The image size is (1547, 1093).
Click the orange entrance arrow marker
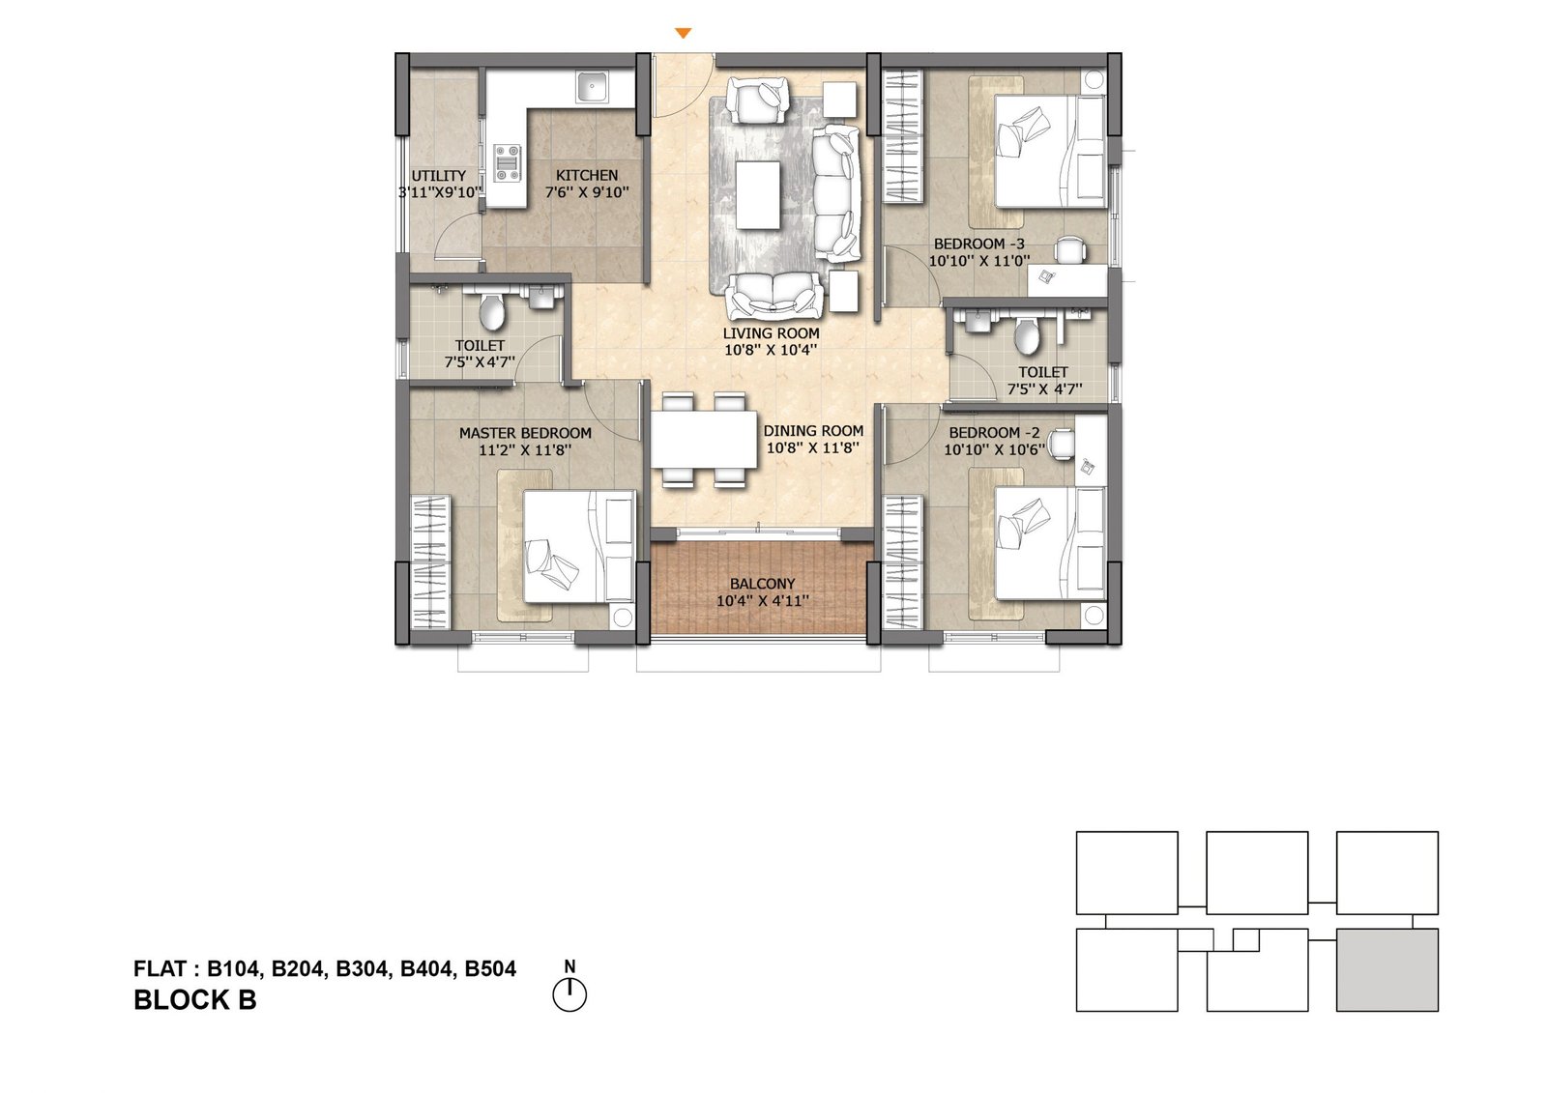click(x=683, y=33)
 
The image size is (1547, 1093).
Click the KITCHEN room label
click(x=587, y=175)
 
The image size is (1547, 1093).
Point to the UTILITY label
click(x=439, y=176)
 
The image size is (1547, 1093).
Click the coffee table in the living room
click(x=758, y=194)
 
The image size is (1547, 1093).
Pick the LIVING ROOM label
click(x=771, y=333)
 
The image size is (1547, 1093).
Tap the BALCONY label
click(x=763, y=584)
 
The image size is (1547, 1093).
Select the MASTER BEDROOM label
click(x=525, y=434)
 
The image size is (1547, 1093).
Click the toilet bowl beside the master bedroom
click(x=492, y=312)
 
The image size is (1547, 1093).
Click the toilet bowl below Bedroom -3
click(x=1028, y=335)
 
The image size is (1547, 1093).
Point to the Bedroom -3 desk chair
click(x=1069, y=250)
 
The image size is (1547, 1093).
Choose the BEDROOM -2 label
click(x=994, y=433)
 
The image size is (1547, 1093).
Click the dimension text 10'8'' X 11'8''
click(x=813, y=448)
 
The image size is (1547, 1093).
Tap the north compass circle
click(x=569, y=995)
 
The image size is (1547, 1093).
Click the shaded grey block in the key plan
click(x=1386, y=969)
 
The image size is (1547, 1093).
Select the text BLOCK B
click(x=194, y=1000)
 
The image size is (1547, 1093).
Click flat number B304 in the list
click(x=362, y=969)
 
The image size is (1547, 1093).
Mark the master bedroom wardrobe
click(x=431, y=561)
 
